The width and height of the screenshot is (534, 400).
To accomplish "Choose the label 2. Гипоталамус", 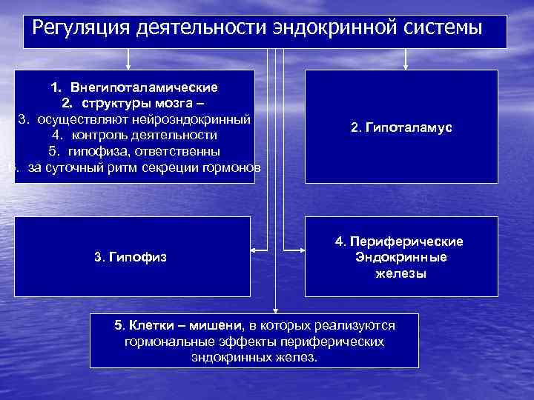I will pos(401,127).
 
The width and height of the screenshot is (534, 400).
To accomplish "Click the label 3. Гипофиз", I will pos(131,257).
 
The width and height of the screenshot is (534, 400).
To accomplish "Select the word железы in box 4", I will pos(400,273).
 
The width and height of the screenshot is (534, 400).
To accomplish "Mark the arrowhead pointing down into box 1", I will pos(128,66).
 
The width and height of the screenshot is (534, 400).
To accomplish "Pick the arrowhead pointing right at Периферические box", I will pos(300,250).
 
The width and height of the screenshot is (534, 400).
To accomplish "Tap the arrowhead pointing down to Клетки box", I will pos(275,309).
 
